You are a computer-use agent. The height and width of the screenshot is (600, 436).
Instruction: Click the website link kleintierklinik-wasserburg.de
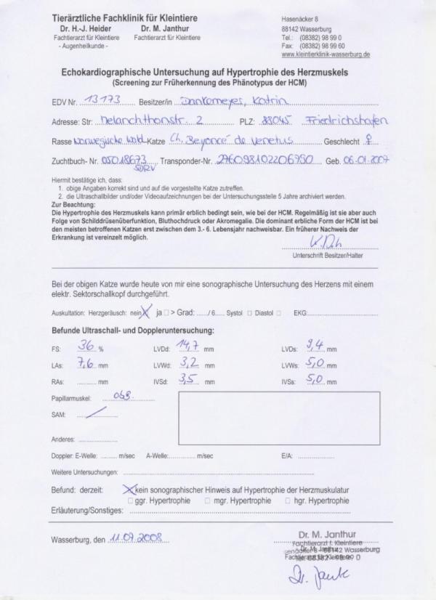click(x=325, y=54)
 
